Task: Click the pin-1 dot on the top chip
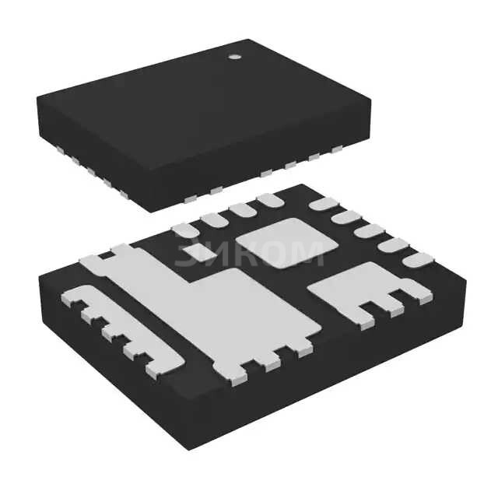pyautogui.click(x=233, y=57)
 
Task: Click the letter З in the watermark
pyautogui.click(x=186, y=254)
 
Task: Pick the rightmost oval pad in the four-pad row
pyautogui.click(x=270, y=201)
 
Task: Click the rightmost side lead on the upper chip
pyautogui.click(x=337, y=150)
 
